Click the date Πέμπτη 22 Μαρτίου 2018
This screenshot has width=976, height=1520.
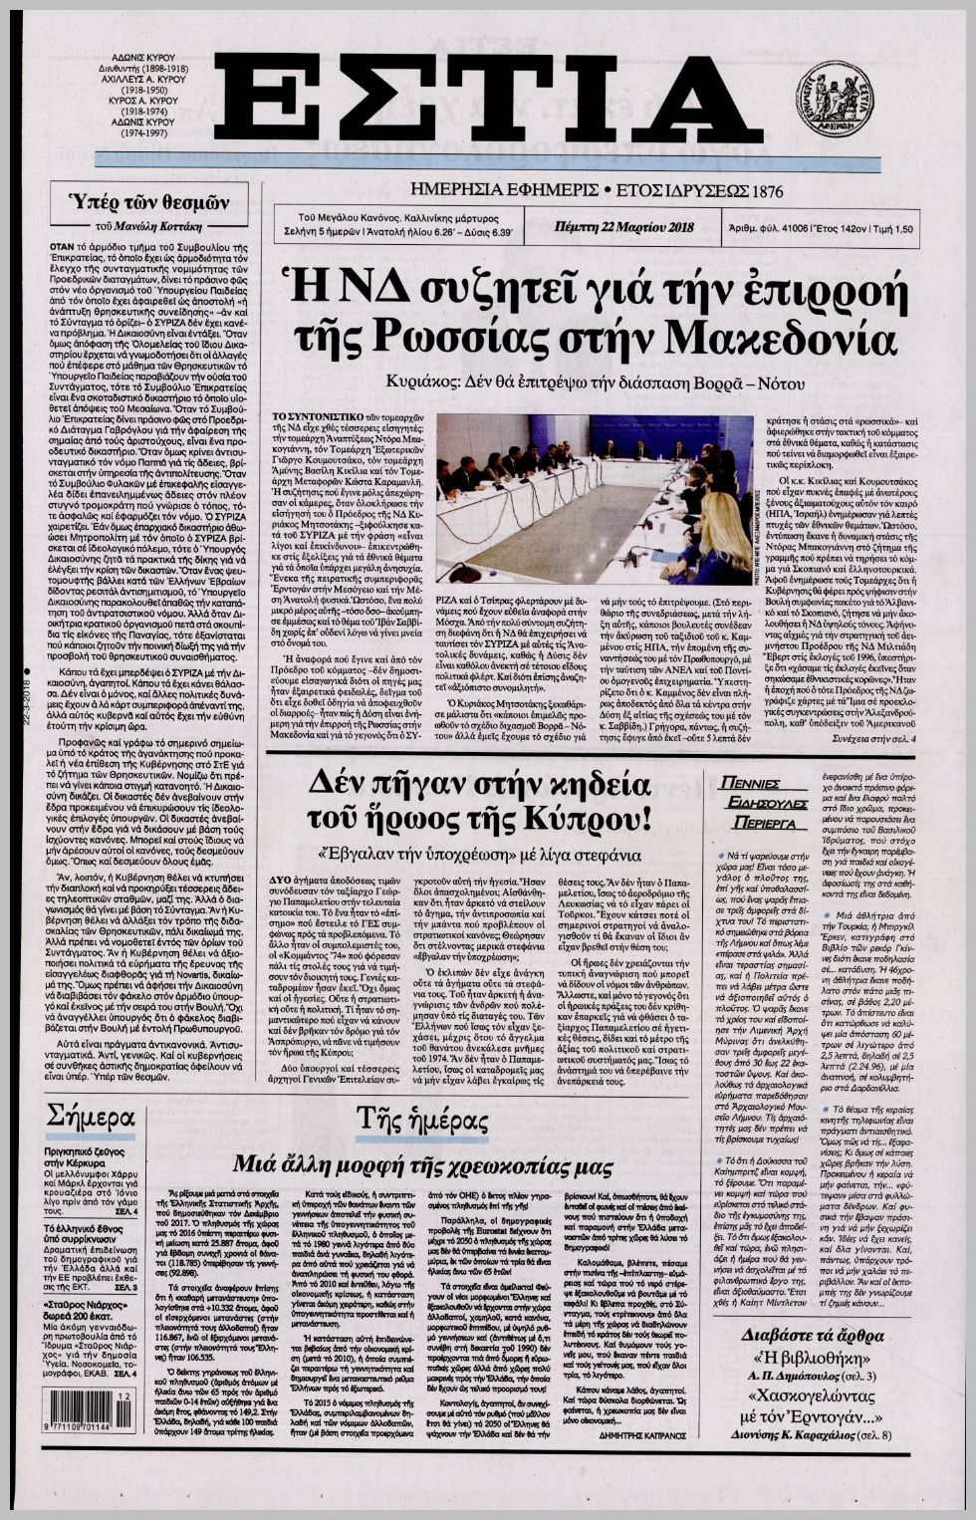tap(623, 228)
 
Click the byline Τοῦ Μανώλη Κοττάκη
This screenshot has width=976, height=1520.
tap(148, 225)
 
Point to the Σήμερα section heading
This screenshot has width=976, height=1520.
tap(90, 1115)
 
